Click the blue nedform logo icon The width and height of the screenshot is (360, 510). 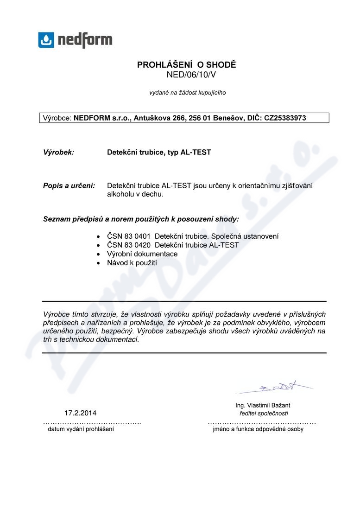(46, 40)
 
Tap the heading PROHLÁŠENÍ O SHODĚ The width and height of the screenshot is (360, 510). (187, 65)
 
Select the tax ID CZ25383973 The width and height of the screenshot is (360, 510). (285, 118)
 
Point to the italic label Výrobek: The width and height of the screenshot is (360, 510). (58, 152)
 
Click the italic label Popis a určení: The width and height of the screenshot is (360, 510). (69, 185)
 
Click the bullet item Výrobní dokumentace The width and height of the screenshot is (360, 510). (142, 254)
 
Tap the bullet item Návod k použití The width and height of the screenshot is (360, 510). (132, 263)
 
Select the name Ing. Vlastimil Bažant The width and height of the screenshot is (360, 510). (263, 405)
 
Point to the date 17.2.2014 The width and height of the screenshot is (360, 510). (81, 413)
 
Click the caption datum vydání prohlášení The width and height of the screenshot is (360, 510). (81, 429)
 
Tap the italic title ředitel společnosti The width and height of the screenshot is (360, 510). (264, 413)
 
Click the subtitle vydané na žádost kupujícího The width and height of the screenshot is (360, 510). (187, 93)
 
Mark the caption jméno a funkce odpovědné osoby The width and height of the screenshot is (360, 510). (258, 429)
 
